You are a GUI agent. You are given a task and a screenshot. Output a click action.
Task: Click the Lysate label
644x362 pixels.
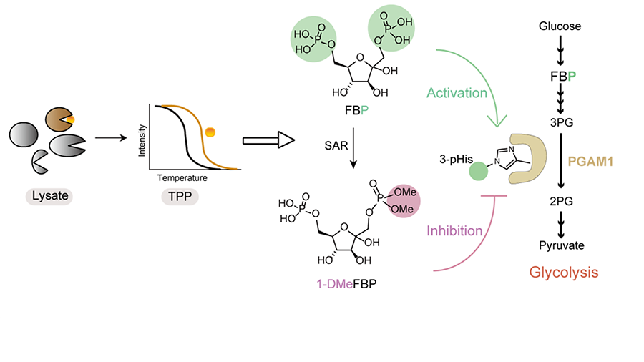(46, 195)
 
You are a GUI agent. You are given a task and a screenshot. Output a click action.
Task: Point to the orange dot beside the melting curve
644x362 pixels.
(210, 132)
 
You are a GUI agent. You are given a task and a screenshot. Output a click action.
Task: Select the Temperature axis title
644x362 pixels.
(188, 177)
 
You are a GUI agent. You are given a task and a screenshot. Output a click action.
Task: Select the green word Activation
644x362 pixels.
(457, 93)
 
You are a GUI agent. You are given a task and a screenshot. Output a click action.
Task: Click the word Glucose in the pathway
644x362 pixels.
(565, 27)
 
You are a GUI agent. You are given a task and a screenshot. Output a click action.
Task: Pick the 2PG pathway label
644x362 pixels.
(565, 202)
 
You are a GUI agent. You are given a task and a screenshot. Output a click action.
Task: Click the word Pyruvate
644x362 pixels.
(565, 245)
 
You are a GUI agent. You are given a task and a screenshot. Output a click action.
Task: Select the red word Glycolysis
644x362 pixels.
(564, 272)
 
